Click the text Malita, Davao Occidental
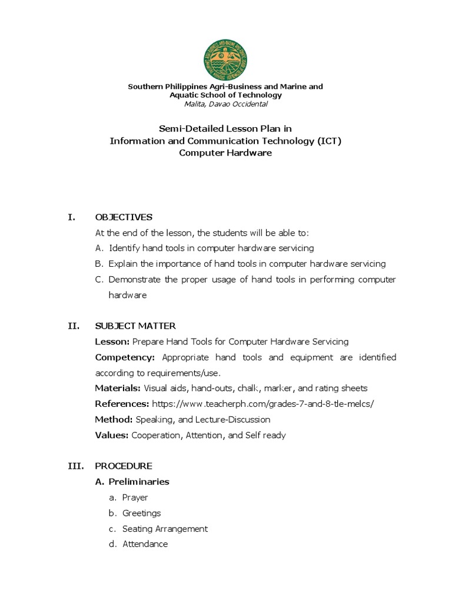click(x=226, y=104)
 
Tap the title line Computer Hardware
click(x=226, y=153)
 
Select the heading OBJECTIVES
click(x=124, y=217)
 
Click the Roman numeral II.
click(x=74, y=326)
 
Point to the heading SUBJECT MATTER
click(x=135, y=326)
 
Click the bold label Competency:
click(x=125, y=357)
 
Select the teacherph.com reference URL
click(x=263, y=404)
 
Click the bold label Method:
click(x=114, y=419)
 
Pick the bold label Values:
click(x=112, y=435)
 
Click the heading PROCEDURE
click(x=124, y=466)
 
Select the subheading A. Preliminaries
click(x=132, y=482)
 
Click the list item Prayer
click(x=135, y=498)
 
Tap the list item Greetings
click(x=141, y=513)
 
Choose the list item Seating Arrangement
click(x=165, y=529)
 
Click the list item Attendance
click(x=145, y=544)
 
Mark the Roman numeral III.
click(x=75, y=466)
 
